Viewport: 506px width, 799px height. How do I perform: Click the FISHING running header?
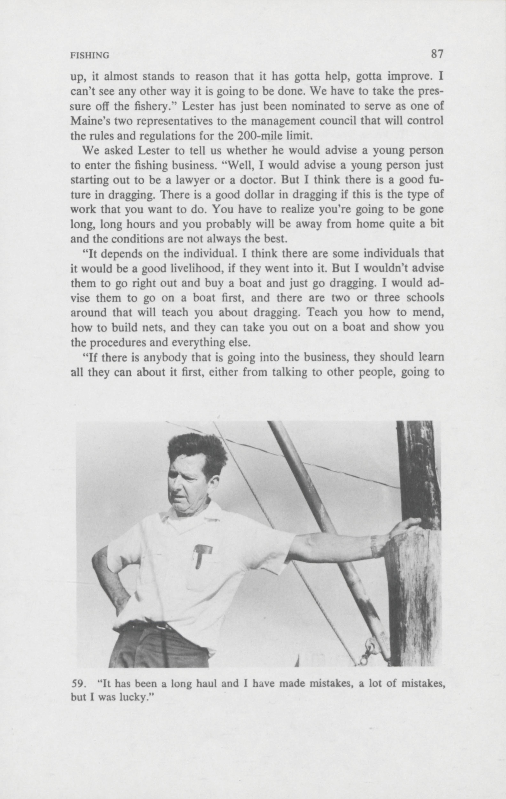click(90, 56)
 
